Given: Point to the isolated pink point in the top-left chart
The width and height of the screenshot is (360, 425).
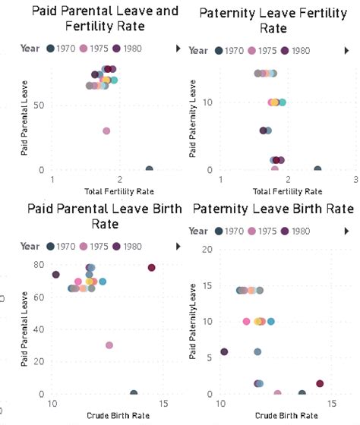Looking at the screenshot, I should [x=106, y=131].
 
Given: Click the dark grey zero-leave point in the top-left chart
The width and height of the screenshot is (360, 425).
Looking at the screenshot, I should [x=149, y=170].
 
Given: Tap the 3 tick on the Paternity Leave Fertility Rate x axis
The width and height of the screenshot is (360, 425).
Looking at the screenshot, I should [x=355, y=179].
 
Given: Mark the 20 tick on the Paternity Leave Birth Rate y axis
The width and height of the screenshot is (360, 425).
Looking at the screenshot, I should [x=207, y=249].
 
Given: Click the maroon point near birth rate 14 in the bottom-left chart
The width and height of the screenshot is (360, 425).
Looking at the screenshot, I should [x=151, y=268].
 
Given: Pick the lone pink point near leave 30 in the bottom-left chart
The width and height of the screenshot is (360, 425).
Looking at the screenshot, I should [x=109, y=345].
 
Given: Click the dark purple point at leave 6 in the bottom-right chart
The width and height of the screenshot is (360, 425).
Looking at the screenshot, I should [x=224, y=352].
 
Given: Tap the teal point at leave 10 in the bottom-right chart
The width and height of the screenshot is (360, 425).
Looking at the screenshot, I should [x=270, y=322].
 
